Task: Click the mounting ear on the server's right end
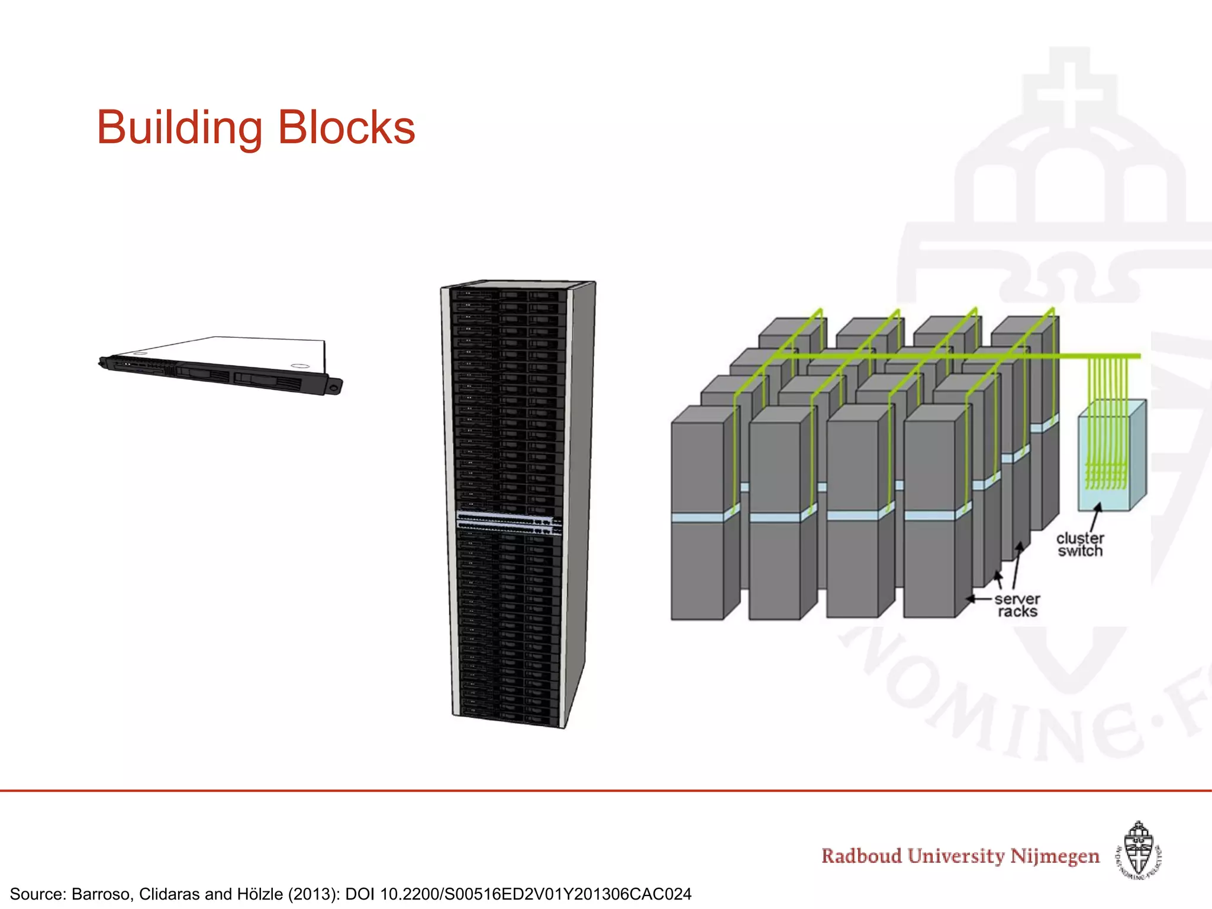pyautogui.click(x=334, y=387)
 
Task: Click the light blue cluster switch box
pyautogui.click(x=1111, y=456)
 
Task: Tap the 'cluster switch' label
pyautogui.click(x=1080, y=544)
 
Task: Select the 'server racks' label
pyautogui.click(x=1017, y=605)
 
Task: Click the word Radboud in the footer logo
pyautogui.click(x=861, y=856)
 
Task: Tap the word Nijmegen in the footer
pyautogui.click(x=1055, y=856)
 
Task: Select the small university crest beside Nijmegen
pyautogui.click(x=1139, y=850)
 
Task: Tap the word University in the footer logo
pyautogui.click(x=956, y=856)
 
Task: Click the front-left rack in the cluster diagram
pyautogui.click(x=698, y=515)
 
